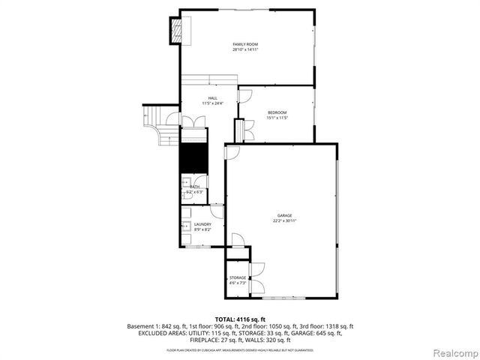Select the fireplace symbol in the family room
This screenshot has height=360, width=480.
[178, 31]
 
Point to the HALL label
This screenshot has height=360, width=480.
[212, 98]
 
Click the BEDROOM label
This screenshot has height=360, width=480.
[277, 113]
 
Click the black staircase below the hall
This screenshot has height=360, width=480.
[195, 158]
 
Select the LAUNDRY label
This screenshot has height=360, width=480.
[202, 224]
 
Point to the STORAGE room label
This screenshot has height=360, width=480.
[237, 277]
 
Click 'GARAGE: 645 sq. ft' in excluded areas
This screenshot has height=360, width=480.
[313, 333]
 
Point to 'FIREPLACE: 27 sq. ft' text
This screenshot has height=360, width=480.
[209, 340]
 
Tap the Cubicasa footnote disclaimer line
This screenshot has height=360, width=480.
[239, 349]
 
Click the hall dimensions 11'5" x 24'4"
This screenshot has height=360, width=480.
[212, 103]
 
